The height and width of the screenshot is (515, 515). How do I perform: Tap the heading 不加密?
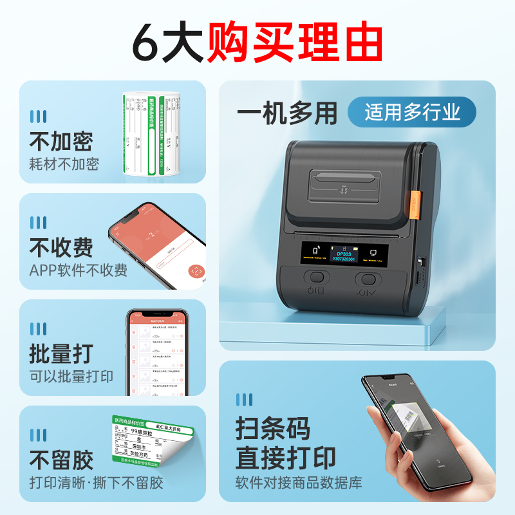61,141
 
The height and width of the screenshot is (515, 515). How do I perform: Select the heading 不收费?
61,247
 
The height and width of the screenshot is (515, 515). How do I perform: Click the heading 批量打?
61,353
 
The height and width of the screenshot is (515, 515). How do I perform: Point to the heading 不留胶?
61,460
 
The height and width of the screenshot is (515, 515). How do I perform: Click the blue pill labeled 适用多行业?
412,113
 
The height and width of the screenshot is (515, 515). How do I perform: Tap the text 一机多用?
287,114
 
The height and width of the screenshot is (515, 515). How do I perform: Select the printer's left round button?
316,279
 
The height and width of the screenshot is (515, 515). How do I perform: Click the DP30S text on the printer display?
348,254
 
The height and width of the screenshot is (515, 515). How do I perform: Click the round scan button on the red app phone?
195,271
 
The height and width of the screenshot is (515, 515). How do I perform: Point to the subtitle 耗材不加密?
64,164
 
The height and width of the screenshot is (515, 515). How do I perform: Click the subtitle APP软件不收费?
79,270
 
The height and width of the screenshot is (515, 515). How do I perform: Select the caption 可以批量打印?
71,377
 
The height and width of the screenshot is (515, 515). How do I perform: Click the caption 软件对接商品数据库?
300,482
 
